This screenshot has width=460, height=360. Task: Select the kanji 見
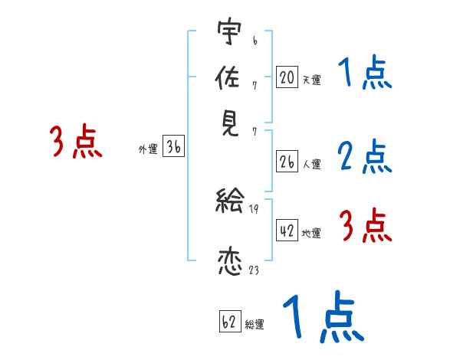click(x=229, y=123)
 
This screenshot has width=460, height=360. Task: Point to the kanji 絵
click(x=229, y=202)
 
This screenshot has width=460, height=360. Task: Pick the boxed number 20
click(x=287, y=77)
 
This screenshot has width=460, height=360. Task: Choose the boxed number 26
click(x=287, y=161)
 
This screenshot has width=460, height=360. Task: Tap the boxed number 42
click(x=287, y=231)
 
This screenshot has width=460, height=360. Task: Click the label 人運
click(x=311, y=164)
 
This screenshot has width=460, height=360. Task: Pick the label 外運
click(x=148, y=151)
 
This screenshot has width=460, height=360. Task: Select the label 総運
click(x=255, y=324)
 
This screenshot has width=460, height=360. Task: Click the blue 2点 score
click(x=364, y=157)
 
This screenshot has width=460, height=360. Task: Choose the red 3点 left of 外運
click(x=76, y=142)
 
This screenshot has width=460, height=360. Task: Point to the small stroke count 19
click(x=254, y=208)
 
